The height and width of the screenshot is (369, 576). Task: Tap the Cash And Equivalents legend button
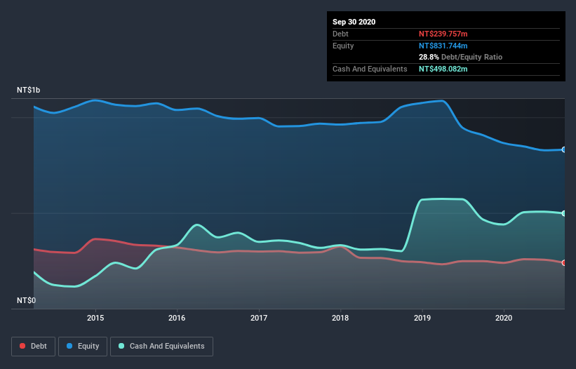161,346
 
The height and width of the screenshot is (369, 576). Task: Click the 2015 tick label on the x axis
95,318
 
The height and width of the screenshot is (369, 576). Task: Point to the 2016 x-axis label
177,318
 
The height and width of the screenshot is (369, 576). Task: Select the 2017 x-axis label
259,318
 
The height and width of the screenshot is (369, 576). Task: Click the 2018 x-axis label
340,318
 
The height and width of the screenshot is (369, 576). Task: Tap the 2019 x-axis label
422,318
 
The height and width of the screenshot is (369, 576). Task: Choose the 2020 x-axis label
504,318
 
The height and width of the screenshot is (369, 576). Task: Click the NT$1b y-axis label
29,90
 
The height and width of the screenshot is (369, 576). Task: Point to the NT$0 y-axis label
26,300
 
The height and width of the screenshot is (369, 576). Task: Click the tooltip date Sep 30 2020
354,22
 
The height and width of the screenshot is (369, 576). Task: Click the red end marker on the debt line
564,262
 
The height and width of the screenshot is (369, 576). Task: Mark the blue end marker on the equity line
564,149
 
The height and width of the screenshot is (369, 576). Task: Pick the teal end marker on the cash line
564,213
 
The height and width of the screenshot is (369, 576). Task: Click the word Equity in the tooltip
343,46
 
